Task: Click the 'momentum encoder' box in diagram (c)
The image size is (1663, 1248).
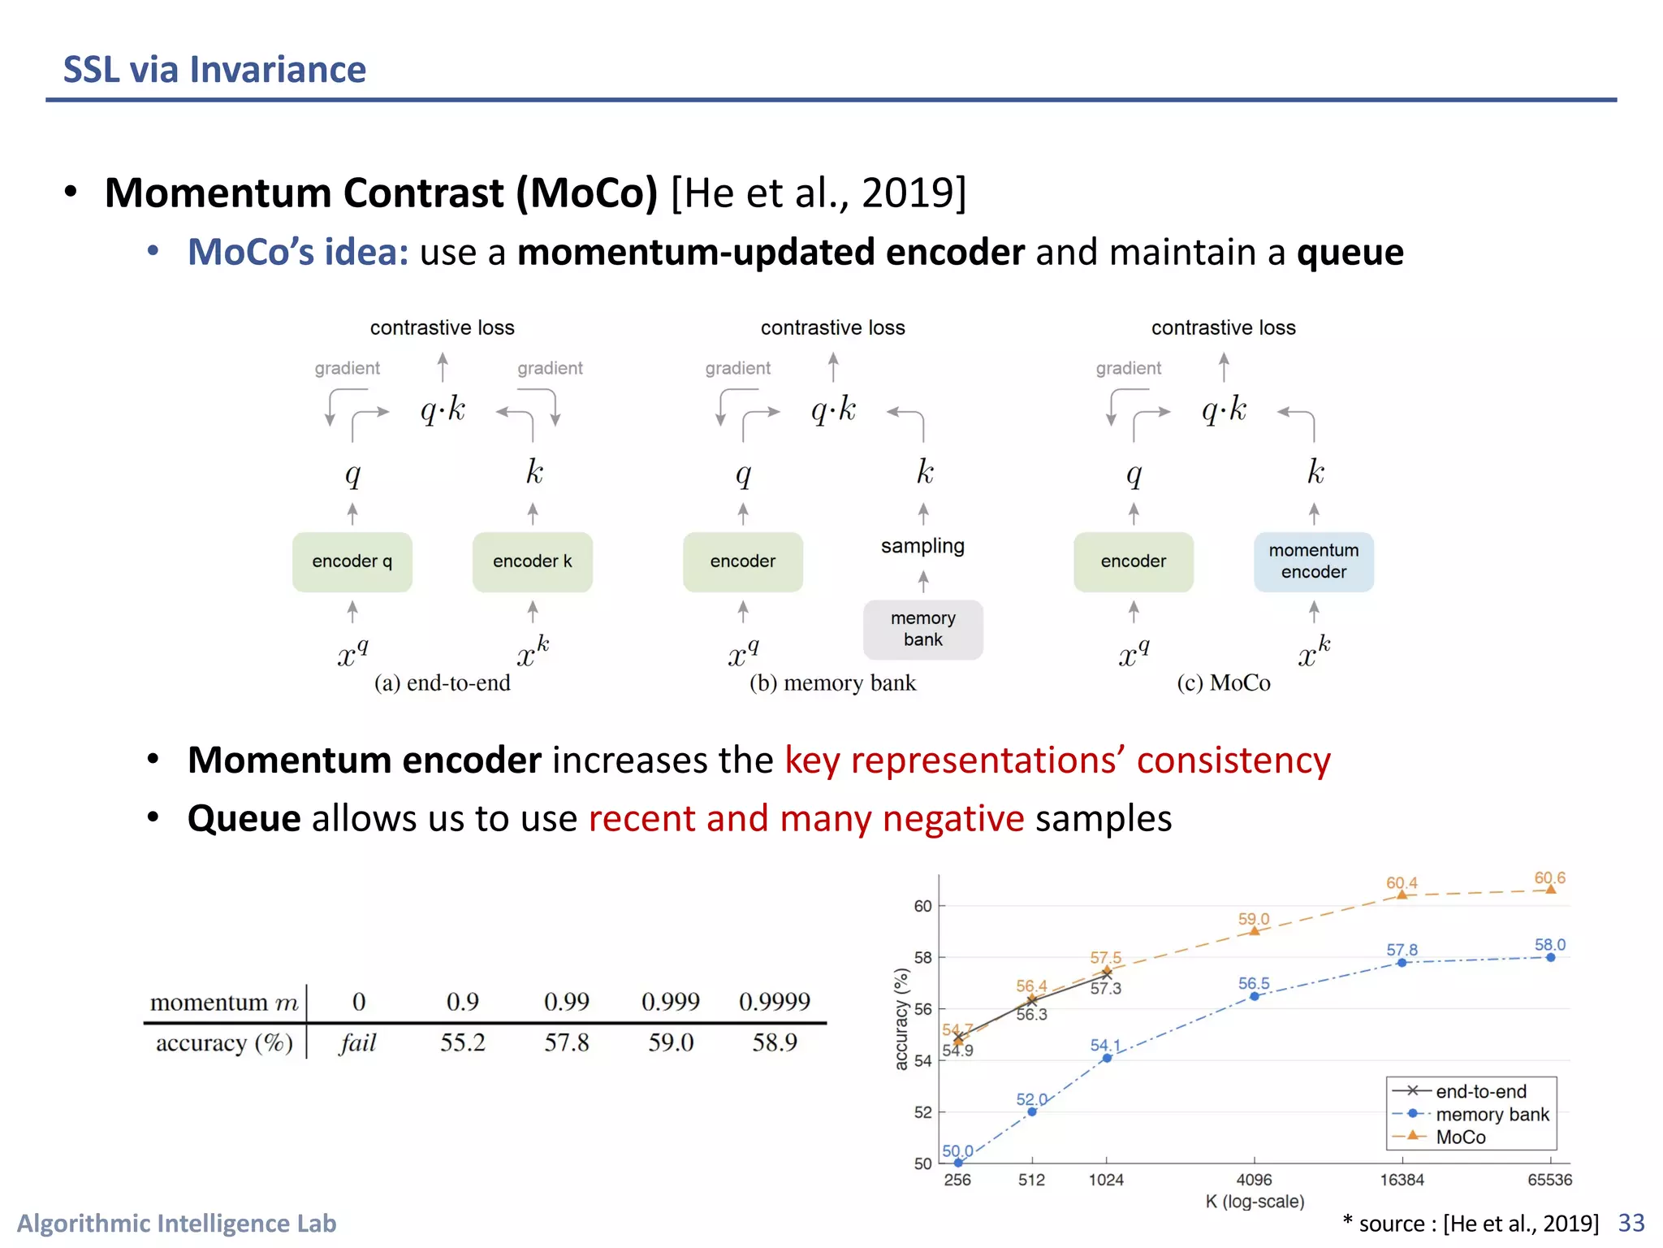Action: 1313,561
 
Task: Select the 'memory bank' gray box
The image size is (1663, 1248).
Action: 922,630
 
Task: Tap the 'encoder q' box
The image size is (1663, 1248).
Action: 352,561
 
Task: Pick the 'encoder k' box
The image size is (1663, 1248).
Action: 532,561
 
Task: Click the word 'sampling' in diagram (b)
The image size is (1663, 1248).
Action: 922,546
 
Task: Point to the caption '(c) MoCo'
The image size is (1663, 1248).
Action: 1223,682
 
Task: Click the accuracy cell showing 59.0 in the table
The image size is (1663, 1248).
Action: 670,1042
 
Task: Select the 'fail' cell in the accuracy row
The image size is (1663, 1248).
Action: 358,1042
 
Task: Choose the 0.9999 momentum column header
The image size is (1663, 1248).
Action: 774,1002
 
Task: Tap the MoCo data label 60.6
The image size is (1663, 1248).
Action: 1549,878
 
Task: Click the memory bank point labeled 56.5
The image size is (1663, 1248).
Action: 1254,996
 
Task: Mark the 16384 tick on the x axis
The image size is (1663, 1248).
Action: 1402,1180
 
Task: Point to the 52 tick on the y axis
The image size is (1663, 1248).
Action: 923,1112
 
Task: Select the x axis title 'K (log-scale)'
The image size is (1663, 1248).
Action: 1255,1202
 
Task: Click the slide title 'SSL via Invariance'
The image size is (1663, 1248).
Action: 214,70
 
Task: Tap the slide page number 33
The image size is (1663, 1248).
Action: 1631,1223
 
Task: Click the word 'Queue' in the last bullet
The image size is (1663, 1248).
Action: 244,818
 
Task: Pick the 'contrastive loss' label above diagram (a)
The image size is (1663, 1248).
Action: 442,327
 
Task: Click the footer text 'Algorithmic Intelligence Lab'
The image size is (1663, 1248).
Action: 176,1223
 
